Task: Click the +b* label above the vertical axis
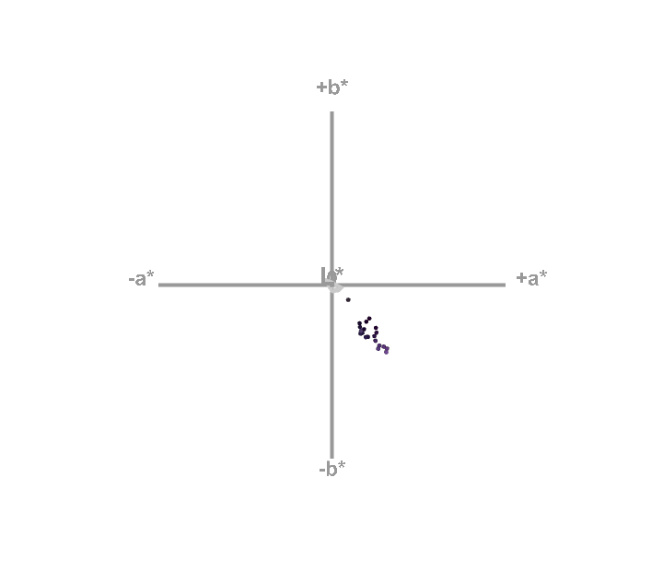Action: coord(332,87)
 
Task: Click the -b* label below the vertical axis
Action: coord(332,469)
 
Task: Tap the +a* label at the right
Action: coord(531,278)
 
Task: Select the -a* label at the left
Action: coord(142,278)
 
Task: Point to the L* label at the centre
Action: coord(332,275)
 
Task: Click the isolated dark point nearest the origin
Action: coord(348,299)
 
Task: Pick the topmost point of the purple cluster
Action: coord(369,319)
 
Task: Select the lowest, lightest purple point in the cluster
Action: coord(386,352)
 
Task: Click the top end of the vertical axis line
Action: coord(331,113)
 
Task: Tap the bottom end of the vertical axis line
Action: coord(331,457)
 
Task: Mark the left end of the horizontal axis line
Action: coord(160,285)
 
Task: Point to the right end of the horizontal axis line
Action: coord(504,285)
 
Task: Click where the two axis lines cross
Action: coord(331,285)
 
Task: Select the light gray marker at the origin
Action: coord(336,287)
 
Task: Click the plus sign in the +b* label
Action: coord(321,87)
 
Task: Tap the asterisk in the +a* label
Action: coord(543,274)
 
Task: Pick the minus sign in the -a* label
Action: coord(132,279)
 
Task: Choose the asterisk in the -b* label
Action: coord(343,464)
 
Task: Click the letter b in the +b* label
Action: coord(333,88)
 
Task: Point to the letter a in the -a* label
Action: coord(141,280)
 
